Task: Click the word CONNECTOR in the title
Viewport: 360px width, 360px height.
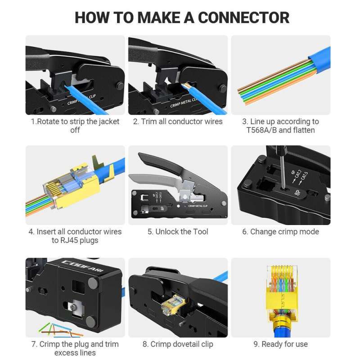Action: tap(243, 18)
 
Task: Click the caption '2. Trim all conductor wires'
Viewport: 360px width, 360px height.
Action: tap(177, 121)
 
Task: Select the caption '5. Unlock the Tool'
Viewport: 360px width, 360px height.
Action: tap(178, 232)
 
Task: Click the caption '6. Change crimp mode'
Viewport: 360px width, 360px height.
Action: tap(280, 232)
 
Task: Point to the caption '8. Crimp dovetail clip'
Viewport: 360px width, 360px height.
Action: tap(178, 344)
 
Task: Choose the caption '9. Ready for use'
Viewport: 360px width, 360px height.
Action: tap(280, 344)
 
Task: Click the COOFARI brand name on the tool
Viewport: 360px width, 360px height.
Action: tap(76, 264)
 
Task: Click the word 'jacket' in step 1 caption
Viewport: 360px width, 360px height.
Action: tap(108, 121)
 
